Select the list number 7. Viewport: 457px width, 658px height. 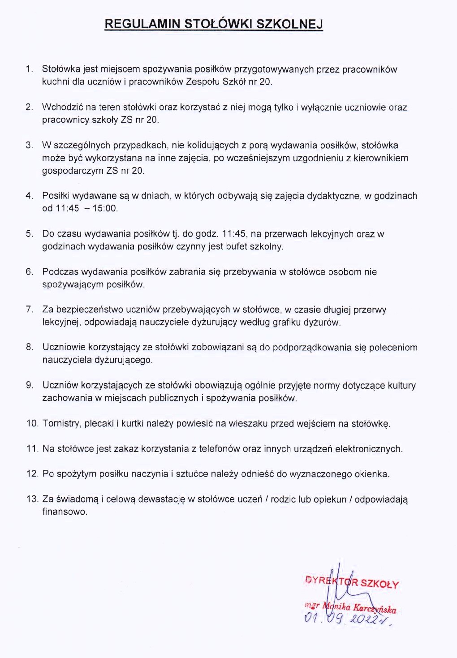pos(30,310)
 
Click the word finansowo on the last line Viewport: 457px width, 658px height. pos(64,512)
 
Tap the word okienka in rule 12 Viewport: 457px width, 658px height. pos(372,474)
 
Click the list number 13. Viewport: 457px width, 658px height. pos(32,499)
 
